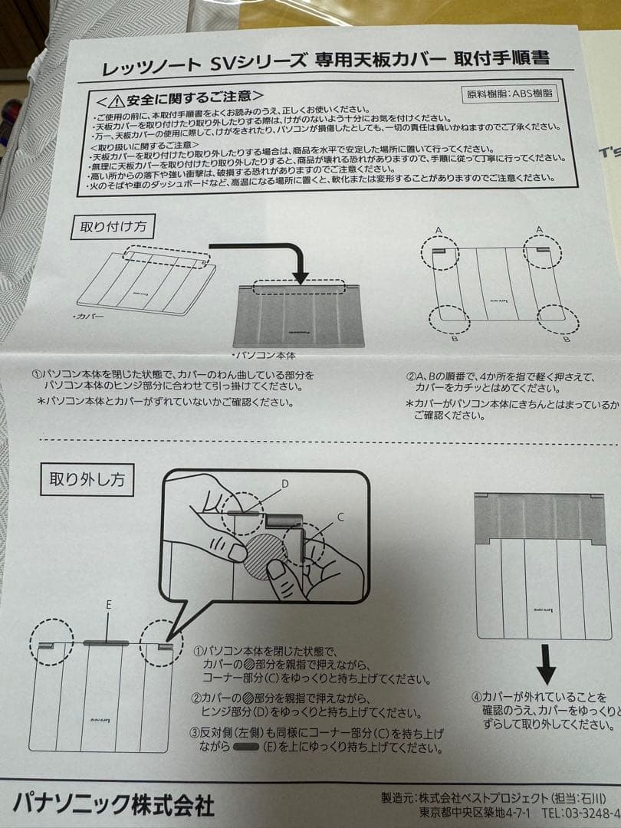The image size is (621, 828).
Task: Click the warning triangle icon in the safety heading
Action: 116,100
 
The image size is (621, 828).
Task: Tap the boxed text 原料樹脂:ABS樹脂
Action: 511,94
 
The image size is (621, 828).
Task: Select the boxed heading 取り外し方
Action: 86,481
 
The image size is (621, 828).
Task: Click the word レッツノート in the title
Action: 147,67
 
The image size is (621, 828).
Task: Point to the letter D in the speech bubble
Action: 284,484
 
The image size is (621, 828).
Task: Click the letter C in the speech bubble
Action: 340,518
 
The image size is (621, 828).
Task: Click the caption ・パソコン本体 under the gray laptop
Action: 263,356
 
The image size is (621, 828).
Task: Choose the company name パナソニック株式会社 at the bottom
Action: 113,803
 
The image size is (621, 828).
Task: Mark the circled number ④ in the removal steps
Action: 476,697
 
